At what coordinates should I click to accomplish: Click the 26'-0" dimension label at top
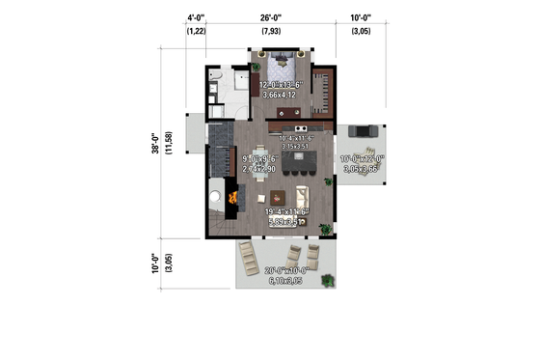[271, 17]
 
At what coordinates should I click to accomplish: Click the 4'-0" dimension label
[196, 17]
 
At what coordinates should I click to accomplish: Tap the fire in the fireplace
[232, 198]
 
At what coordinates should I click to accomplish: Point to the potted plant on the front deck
[330, 281]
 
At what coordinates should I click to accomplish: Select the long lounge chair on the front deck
[248, 256]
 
